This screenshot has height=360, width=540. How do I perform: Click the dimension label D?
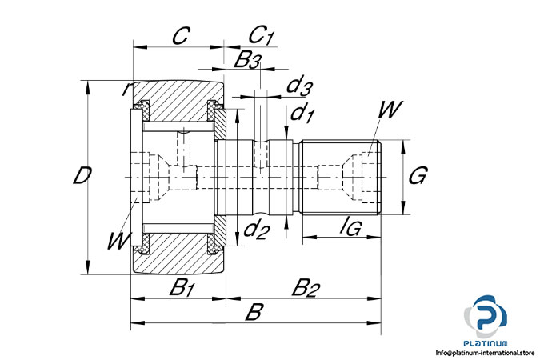coord(82,175)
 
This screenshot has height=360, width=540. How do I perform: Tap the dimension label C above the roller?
coord(181,35)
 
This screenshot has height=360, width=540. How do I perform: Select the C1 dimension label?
coord(261,35)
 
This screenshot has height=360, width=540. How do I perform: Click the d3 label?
coord(299,86)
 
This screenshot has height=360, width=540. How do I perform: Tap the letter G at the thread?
coord(418,175)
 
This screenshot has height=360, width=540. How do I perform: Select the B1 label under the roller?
coord(182,287)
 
